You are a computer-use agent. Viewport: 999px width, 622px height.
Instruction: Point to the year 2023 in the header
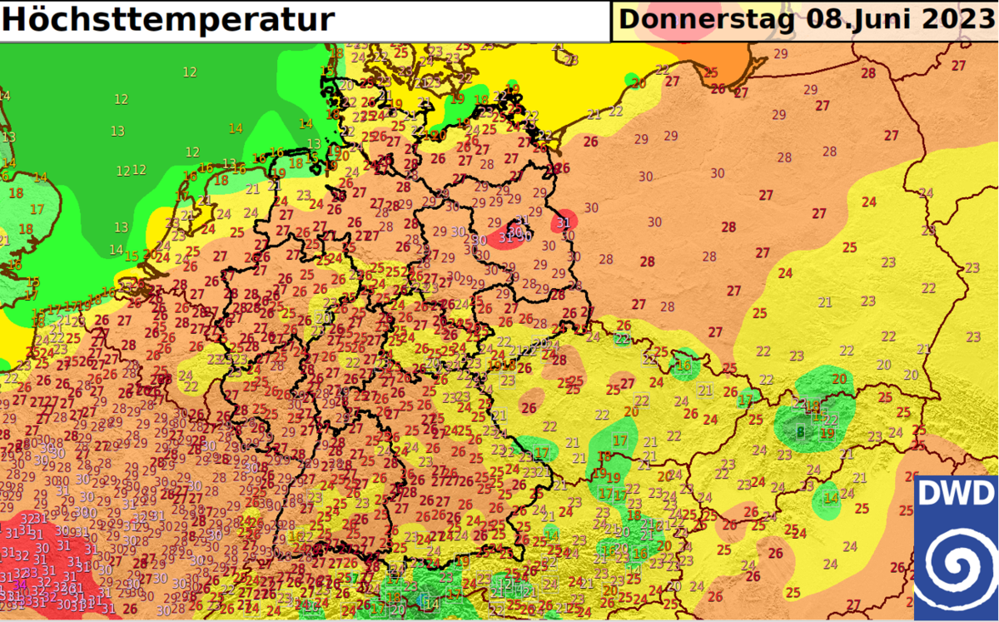(x=954, y=19)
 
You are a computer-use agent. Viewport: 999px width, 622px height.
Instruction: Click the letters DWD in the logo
(x=956, y=495)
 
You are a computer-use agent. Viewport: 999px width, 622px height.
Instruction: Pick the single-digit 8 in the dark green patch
(x=800, y=432)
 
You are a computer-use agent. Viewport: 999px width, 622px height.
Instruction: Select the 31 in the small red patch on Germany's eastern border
(x=564, y=222)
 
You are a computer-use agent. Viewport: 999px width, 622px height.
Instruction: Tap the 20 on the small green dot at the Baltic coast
(x=639, y=83)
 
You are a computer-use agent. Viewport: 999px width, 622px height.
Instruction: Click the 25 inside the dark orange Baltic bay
(x=711, y=72)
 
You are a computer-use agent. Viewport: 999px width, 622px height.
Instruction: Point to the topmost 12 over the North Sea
(x=190, y=72)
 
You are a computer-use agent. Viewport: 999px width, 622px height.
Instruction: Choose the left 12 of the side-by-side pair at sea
(x=123, y=171)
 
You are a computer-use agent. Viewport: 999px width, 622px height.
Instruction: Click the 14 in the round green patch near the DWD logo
(x=830, y=499)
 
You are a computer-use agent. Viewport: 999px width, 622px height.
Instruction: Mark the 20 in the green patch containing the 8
(x=839, y=379)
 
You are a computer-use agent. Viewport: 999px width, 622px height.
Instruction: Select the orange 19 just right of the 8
(x=828, y=433)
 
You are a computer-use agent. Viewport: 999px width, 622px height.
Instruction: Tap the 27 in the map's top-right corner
(x=959, y=65)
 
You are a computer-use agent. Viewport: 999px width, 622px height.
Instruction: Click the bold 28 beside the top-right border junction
(x=868, y=73)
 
